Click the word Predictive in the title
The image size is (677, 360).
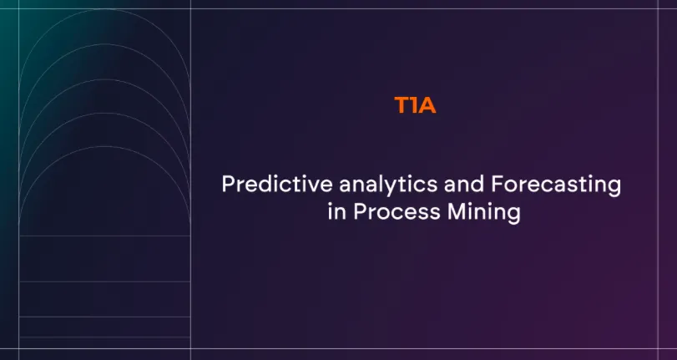click(277, 184)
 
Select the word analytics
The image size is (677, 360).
click(388, 185)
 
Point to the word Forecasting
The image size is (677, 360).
click(556, 185)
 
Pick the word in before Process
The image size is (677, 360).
click(336, 212)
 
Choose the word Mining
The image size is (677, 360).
click(484, 214)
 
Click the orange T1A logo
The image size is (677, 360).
click(415, 105)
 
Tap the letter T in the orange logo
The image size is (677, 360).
click(402, 105)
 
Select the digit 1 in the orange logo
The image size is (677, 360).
click(413, 105)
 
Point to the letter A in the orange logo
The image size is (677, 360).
click(427, 105)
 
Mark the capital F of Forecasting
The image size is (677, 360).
click(498, 184)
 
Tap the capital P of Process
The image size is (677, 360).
click(360, 212)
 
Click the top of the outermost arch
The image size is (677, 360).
click(104, 9)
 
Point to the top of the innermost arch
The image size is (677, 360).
click(104, 146)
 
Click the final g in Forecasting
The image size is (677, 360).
click(615, 189)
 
